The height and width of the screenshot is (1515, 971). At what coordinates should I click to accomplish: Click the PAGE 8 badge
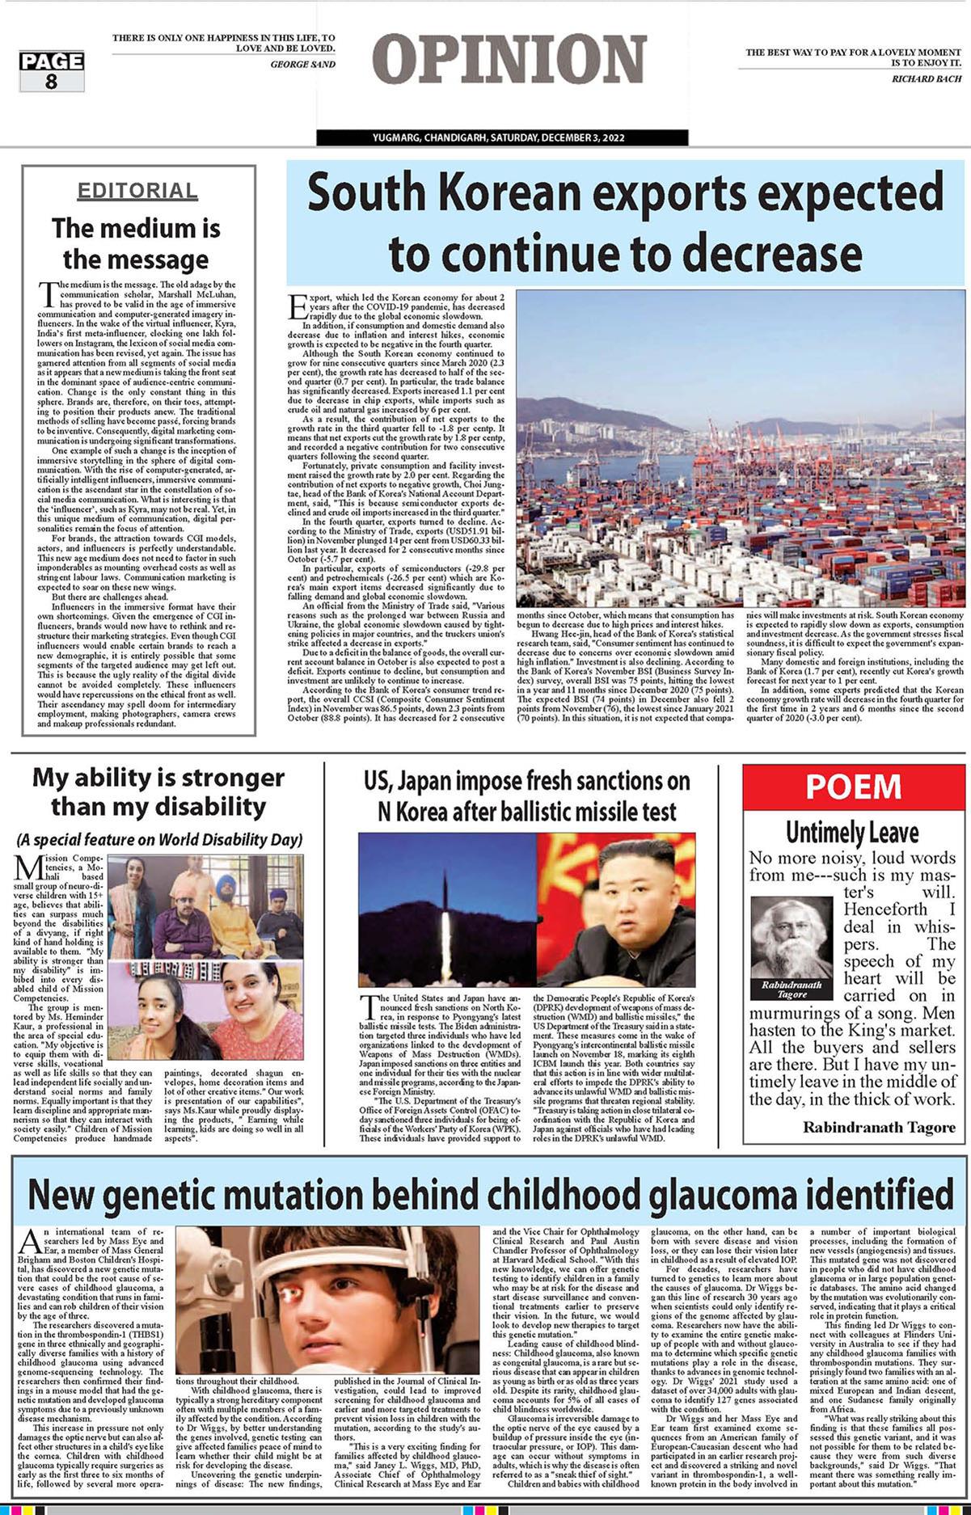[52, 70]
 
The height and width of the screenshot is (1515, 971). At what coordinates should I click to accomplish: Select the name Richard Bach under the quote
[927, 78]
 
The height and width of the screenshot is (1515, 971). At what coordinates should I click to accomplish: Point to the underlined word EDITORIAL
[137, 191]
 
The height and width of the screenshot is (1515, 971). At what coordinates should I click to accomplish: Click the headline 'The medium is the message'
[136, 243]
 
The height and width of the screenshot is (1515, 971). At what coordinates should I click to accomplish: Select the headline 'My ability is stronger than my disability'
[158, 791]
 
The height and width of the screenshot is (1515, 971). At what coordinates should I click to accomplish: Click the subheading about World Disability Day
[159, 839]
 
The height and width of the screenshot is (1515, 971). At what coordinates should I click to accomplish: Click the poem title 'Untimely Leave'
[852, 832]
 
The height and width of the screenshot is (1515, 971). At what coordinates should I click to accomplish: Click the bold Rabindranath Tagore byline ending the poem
[878, 1127]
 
